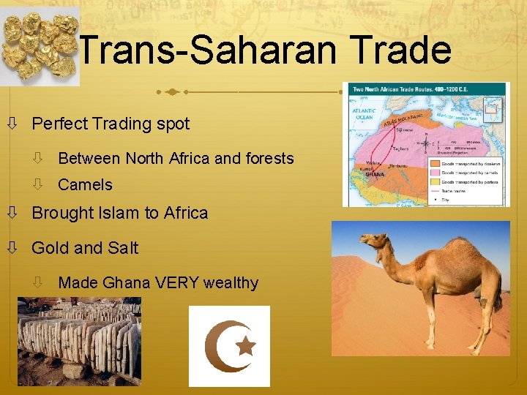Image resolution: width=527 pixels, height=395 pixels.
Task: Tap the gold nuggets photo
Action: click(x=40, y=45)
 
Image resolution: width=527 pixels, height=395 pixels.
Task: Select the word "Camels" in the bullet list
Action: click(x=85, y=185)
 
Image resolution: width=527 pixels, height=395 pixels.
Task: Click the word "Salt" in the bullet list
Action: click(x=123, y=248)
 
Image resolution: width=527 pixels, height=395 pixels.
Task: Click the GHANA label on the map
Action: click(x=375, y=174)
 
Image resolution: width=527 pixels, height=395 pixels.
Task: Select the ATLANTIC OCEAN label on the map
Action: click(x=365, y=113)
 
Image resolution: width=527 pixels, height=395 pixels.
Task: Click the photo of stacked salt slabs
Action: click(x=79, y=342)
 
